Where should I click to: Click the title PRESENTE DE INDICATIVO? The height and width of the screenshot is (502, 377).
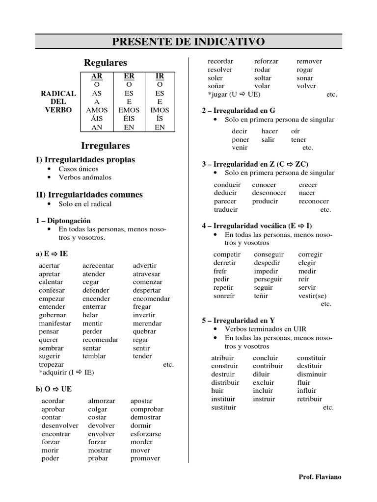188,42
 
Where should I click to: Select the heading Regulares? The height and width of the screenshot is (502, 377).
105,63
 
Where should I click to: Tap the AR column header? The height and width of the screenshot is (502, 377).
97,76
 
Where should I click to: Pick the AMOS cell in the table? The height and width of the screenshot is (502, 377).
97,110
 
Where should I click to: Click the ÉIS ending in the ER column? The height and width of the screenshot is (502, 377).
129,119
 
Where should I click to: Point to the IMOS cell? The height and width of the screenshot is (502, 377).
160,110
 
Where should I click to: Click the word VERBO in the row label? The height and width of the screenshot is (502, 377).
58,110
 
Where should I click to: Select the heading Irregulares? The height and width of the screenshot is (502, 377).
105,146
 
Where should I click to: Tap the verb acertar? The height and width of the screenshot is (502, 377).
50,266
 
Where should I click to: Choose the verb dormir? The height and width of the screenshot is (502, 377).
141,426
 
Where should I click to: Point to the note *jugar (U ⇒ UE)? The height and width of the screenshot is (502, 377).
234,95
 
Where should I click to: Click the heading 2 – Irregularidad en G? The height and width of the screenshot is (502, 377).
235,111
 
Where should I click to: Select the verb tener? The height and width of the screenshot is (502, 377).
298,140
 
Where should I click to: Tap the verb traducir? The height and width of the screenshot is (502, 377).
226,209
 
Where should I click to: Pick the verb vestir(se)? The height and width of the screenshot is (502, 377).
312,296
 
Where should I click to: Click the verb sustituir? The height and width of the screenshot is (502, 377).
223,407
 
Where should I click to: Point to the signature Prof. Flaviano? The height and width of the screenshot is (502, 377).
320,477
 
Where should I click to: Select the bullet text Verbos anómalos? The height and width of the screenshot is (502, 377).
85,177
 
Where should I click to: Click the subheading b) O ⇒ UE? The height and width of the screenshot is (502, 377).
54,389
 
